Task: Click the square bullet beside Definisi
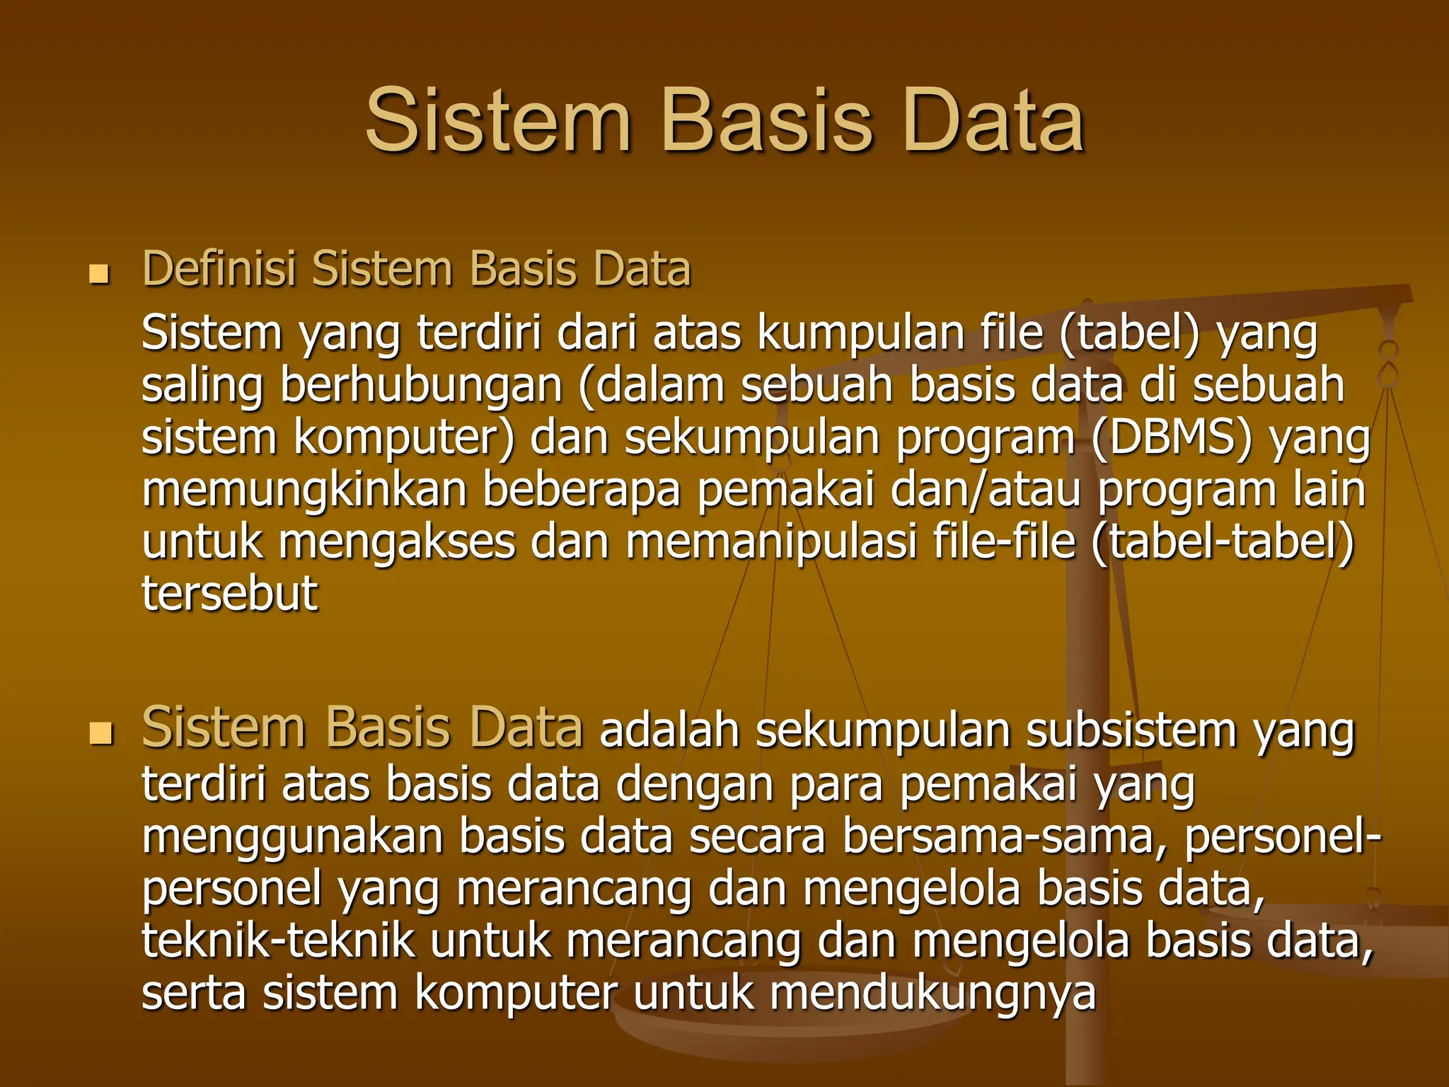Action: [100, 275]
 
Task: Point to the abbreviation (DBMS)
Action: [1171, 437]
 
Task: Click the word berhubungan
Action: [422, 386]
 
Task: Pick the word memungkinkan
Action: [304, 490]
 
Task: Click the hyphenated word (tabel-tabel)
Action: [1223, 542]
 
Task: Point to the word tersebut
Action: [230, 593]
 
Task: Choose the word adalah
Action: [669, 731]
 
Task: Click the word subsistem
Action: [1131, 731]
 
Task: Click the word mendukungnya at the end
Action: [933, 993]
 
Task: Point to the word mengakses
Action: [397, 542]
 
